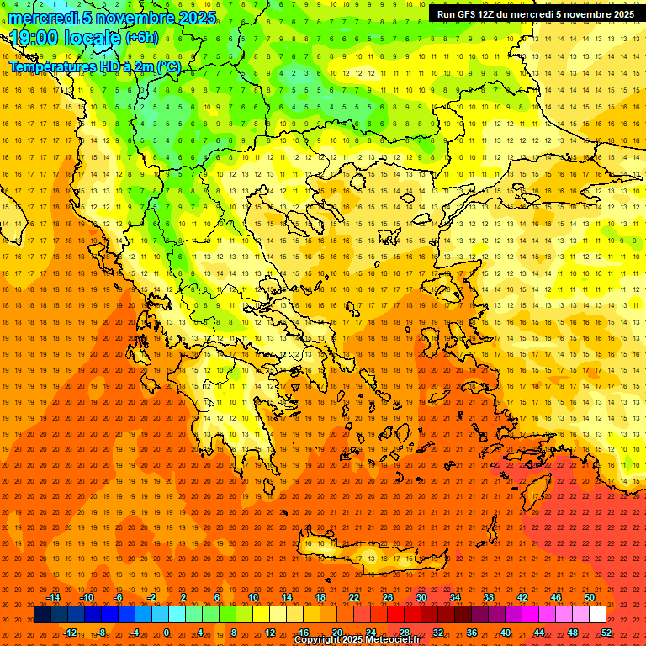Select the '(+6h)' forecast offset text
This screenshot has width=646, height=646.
tap(140, 38)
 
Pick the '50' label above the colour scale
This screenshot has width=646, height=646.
tap(589, 597)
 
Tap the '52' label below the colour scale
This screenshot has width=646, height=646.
tap(606, 633)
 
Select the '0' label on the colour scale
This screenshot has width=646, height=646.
tap(167, 633)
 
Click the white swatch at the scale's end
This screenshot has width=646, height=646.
tap(598, 615)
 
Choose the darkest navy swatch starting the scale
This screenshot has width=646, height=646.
tap(43, 615)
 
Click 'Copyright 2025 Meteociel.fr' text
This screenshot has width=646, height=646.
tap(357, 640)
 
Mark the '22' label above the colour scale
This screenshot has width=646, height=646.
tap(354, 597)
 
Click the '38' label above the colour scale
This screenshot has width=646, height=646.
tap(489, 597)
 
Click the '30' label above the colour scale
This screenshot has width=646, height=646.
tap(421, 597)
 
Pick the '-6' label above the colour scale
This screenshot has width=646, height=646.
tap(119, 597)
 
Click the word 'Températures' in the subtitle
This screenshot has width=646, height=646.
tap(50, 66)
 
